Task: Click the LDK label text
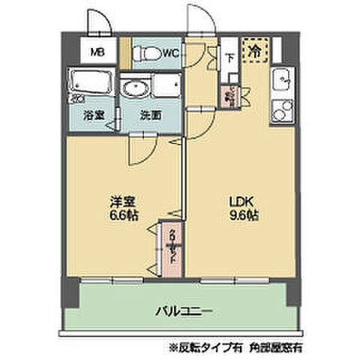[240, 201]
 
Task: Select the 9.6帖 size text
[240, 215]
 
